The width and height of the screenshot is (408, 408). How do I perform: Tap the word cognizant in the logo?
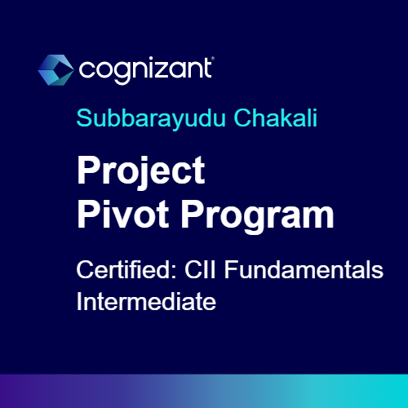pos(145,69)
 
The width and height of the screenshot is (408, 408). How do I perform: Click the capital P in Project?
pos(86,173)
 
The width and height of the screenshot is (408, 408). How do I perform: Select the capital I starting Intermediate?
pos(78,301)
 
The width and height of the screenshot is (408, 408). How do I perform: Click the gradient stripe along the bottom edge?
pos(204,391)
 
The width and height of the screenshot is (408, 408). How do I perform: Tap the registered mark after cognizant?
pos(211,60)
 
